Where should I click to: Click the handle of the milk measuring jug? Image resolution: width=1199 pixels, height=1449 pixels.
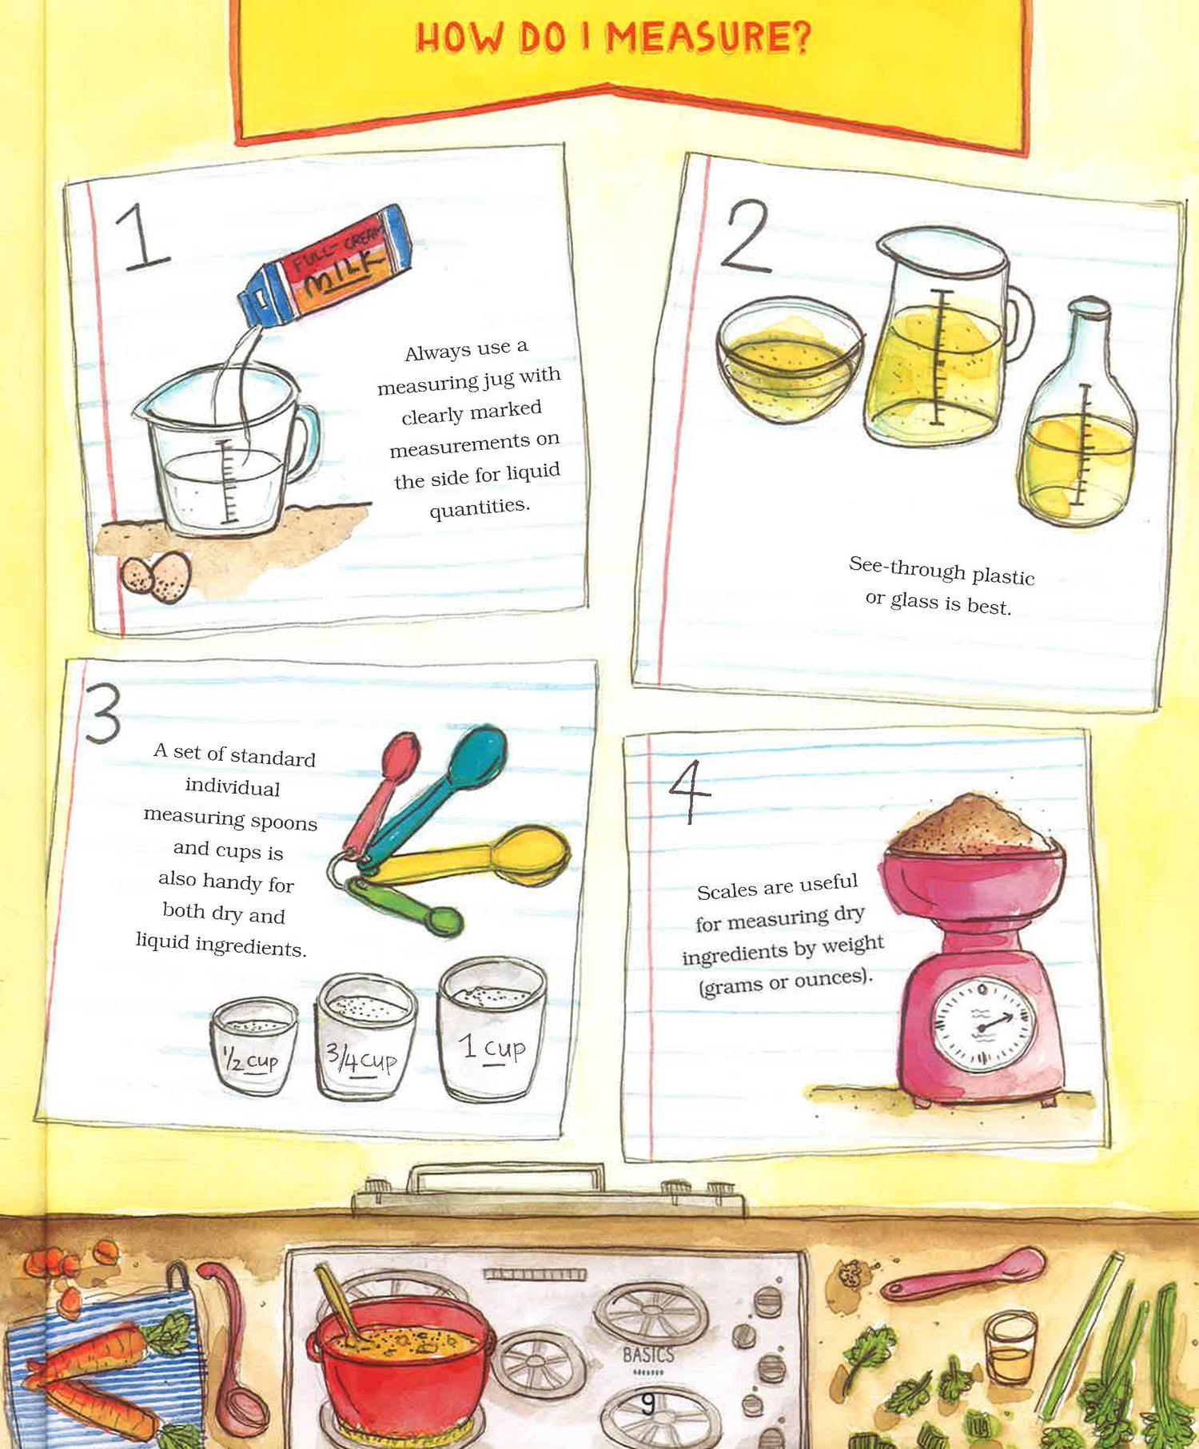(301, 444)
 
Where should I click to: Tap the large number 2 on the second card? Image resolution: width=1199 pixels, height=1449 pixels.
(744, 237)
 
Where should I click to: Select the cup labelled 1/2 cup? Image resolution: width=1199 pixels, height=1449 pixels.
(253, 1042)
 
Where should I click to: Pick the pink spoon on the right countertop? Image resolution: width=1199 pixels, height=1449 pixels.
(963, 1274)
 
